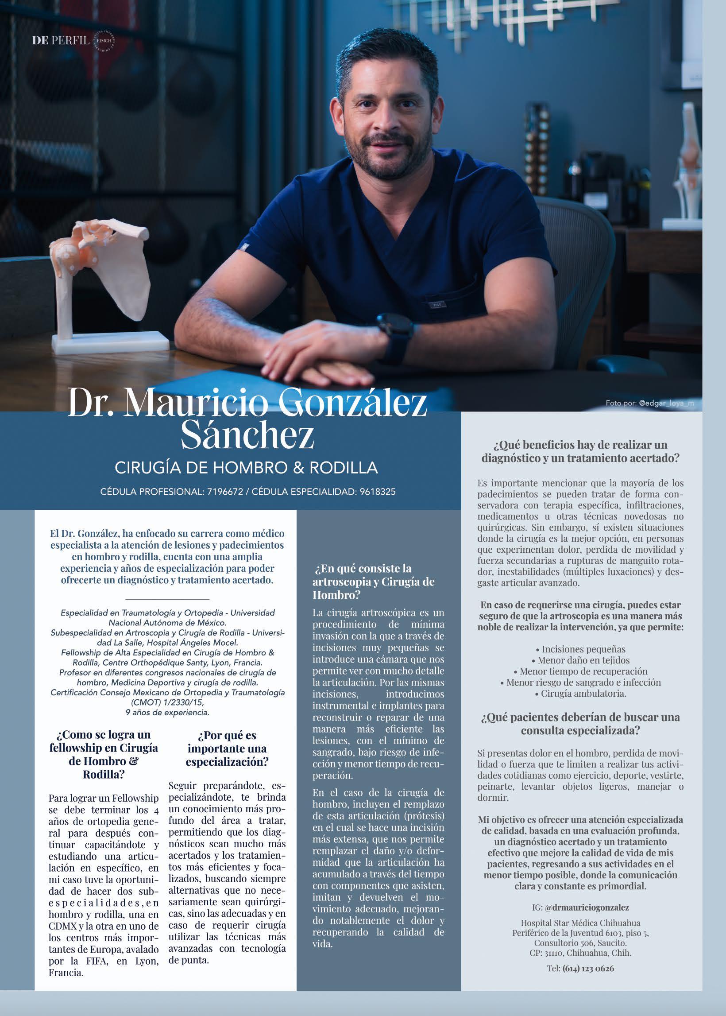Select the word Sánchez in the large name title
pos(247,434)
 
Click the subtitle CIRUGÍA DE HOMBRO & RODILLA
pos(246,468)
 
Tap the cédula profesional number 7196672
pos(225,492)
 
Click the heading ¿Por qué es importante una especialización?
pos(227,748)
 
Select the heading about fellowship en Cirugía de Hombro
pos(103,754)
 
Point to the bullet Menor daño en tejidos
pos(580,660)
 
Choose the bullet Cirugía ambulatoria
pos(580,694)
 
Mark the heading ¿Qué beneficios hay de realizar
pos(580,451)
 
